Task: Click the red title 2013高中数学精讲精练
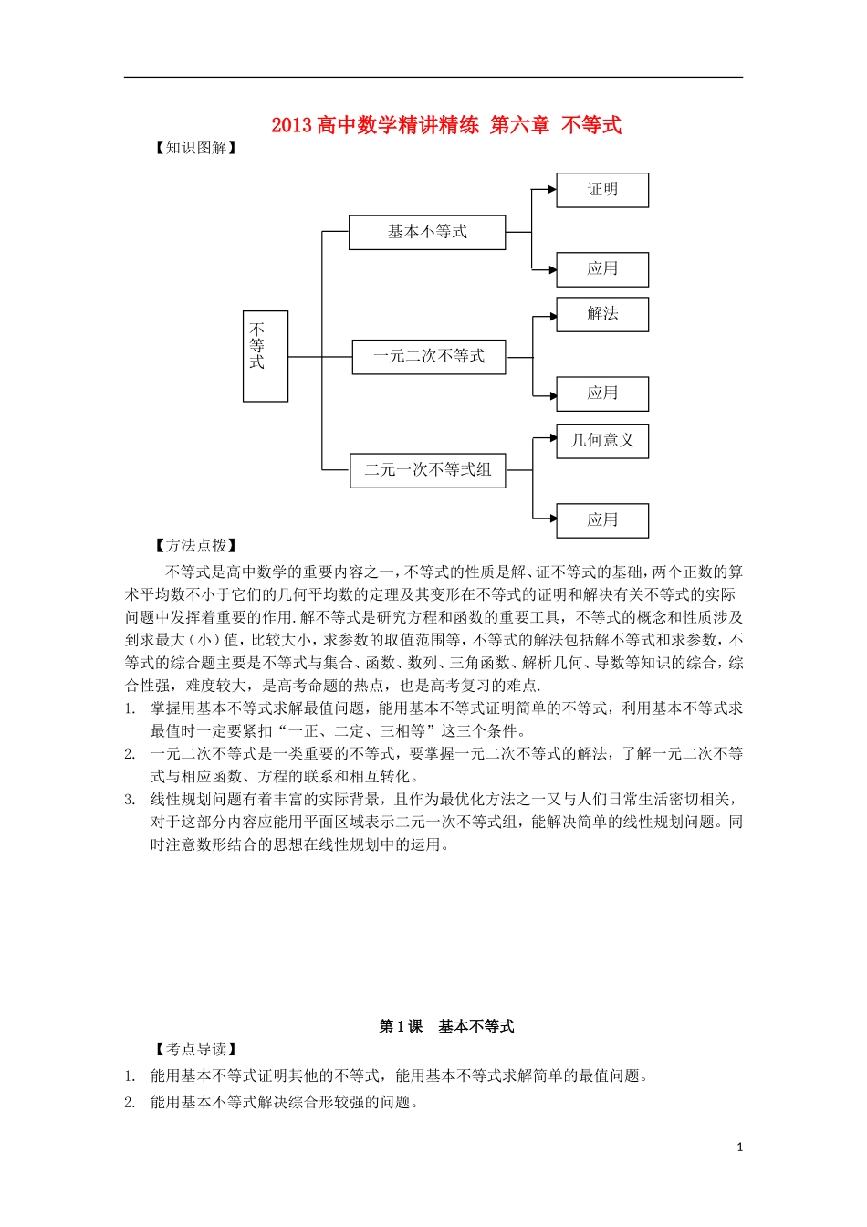(374, 126)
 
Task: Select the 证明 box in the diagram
(602, 190)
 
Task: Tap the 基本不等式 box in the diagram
(427, 232)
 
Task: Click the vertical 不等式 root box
(265, 356)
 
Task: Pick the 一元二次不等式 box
(429, 357)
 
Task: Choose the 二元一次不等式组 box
(428, 470)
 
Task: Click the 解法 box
(602, 314)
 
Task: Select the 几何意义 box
(602, 440)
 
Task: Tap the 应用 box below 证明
(602, 269)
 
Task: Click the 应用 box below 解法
(602, 393)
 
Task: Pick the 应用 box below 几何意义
(602, 520)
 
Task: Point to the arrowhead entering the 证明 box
(551, 190)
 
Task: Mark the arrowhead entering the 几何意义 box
(551, 439)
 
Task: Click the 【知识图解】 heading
(196, 148)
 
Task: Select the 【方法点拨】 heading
(196, 546)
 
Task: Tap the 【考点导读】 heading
(196, 1050)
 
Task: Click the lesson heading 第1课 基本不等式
(446, 1027)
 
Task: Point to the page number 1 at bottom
(739, 1148)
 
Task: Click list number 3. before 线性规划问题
(130, 800)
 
